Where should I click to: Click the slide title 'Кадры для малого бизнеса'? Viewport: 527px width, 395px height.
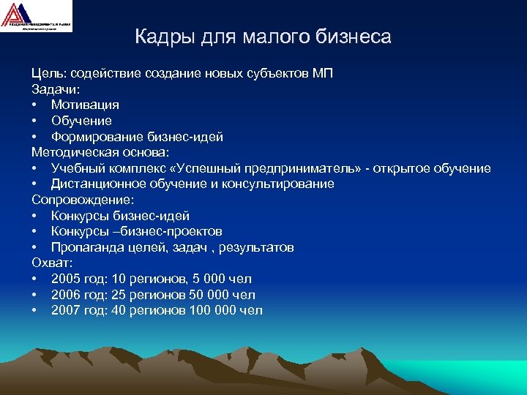point(263,37)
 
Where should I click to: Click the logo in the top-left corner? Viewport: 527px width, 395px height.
point(37,16)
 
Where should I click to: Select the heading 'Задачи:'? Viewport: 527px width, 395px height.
point(56,89)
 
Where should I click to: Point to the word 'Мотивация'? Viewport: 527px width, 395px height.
point(85,105)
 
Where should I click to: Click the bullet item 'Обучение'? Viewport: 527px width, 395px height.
point(81,121)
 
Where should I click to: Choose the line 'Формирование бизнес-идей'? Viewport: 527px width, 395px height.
point(137,137)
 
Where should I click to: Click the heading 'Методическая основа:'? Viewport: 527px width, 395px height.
point(100,152)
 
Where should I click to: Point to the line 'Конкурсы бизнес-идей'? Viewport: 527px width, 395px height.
point(120,216)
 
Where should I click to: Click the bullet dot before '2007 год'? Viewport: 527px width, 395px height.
point(34,310)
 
